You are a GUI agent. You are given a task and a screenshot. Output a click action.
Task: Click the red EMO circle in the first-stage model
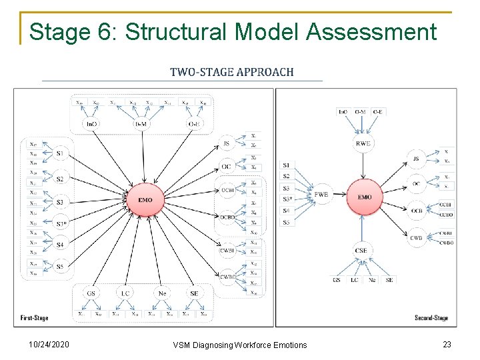click(x=145, y=200)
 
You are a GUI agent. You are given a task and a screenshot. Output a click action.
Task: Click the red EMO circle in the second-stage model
click(x=365, y=197)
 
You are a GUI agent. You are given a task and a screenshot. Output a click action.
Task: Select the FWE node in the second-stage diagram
click(x=322, y=195)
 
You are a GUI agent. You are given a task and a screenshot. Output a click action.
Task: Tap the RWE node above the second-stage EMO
click(x=363, y=143)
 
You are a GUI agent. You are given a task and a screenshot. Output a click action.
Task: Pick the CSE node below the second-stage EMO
click(x=361, y=251)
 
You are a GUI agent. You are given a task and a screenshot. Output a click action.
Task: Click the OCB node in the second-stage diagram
click(x=417, y=210)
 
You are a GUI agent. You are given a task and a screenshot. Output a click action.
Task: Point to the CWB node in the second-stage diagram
click(x=417, y=237)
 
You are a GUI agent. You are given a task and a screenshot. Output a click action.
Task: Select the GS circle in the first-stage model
click(x=92, y=293)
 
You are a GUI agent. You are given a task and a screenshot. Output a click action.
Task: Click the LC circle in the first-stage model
click(x=125, y=293)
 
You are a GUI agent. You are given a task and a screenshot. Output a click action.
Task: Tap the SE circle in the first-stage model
click(x=194, y=293)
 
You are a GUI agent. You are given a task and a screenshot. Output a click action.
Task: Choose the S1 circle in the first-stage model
click(x=60, y=154)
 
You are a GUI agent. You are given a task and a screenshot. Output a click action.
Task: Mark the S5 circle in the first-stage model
click(x=60, y=267)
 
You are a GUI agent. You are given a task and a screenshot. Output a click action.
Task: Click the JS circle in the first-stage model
click(x=226, y=143)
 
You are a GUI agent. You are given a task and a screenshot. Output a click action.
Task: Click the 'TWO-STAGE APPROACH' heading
click(x=231, y=72)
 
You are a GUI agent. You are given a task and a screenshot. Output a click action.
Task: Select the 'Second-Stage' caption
click(x=431, y=318)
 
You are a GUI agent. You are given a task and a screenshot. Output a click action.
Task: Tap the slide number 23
click(x=446, y=344)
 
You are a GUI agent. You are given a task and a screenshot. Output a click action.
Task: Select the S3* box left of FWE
click(x=287, y=199)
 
